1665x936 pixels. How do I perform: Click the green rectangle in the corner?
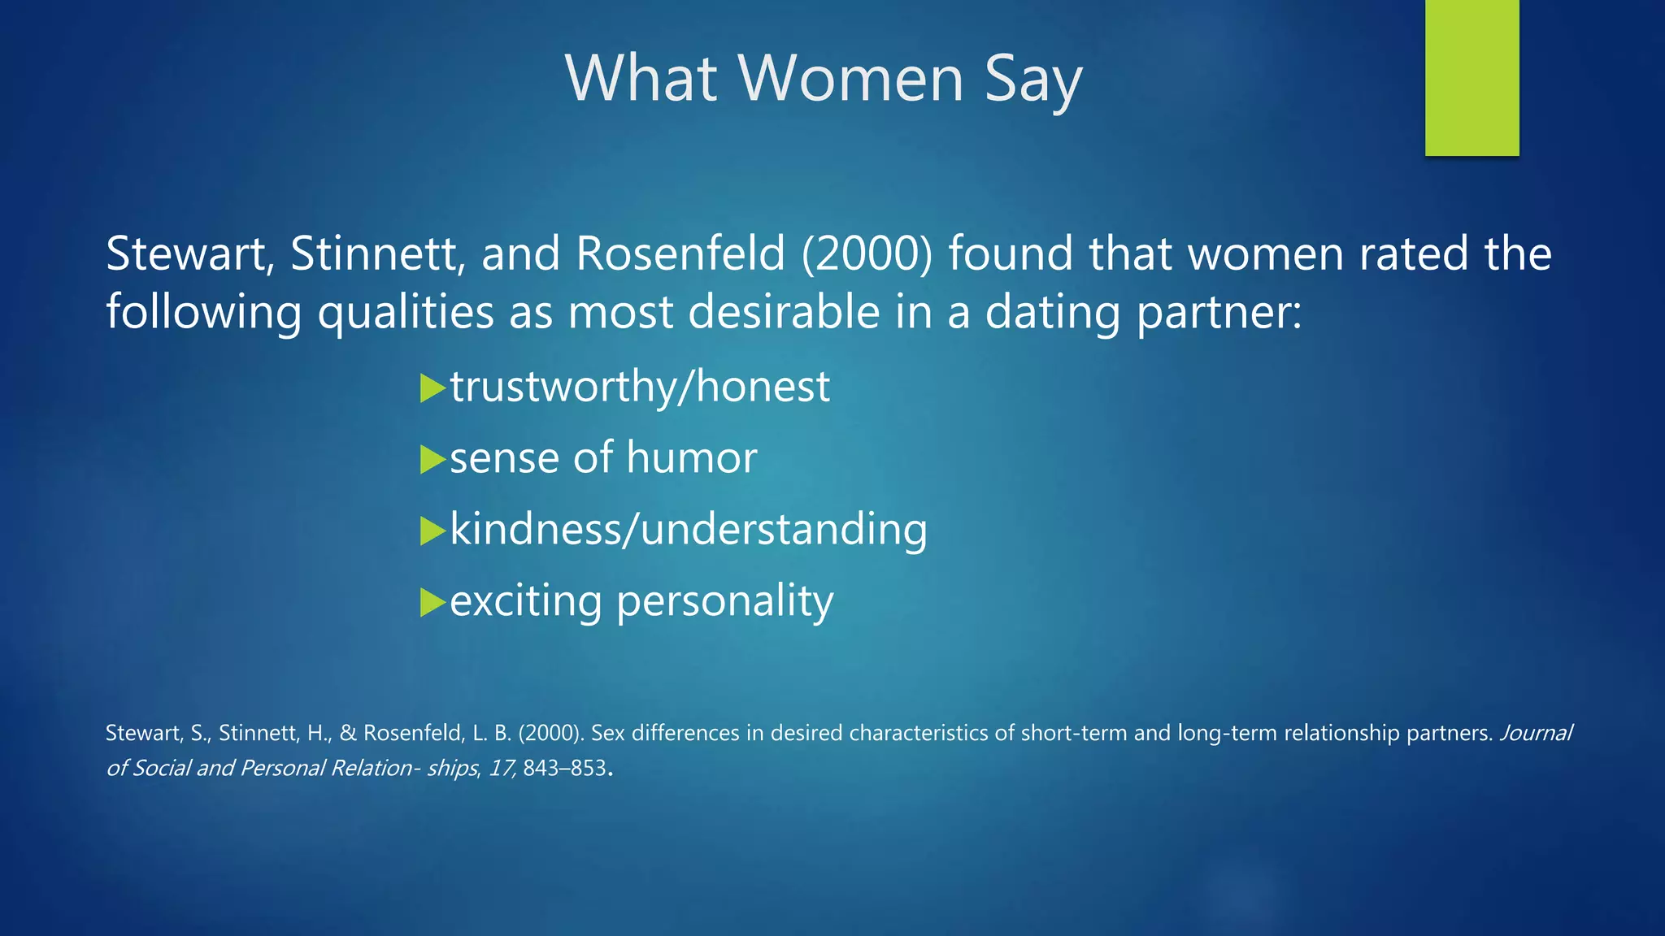[1472, 77]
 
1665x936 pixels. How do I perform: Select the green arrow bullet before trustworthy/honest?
[433, 388]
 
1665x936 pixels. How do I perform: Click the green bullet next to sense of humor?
[433, 460]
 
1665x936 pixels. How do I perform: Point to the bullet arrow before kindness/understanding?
[433, 531]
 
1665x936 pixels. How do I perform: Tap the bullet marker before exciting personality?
[433, 603]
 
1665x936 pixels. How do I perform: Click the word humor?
[691, 457]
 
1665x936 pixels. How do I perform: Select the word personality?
[724, 603]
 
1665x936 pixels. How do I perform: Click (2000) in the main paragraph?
[867, 253]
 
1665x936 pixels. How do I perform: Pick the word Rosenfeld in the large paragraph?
[680, 253]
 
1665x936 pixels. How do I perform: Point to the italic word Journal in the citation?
[1536, 733]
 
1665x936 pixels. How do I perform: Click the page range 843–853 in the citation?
[564, 768]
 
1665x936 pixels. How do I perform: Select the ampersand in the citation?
[348, 733]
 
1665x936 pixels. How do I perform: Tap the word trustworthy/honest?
[640, 387]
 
